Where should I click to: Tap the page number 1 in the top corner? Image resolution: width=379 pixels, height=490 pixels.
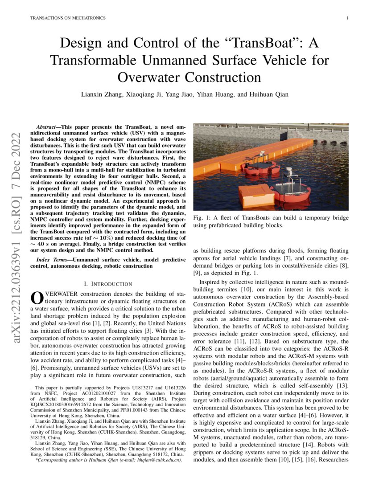coord(347,18)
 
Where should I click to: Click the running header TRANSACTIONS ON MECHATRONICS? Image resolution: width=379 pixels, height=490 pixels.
coord(67,18)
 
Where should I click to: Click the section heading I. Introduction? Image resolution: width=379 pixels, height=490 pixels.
coord(108,284)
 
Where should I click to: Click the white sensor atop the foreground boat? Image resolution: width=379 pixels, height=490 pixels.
coord(288,171)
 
